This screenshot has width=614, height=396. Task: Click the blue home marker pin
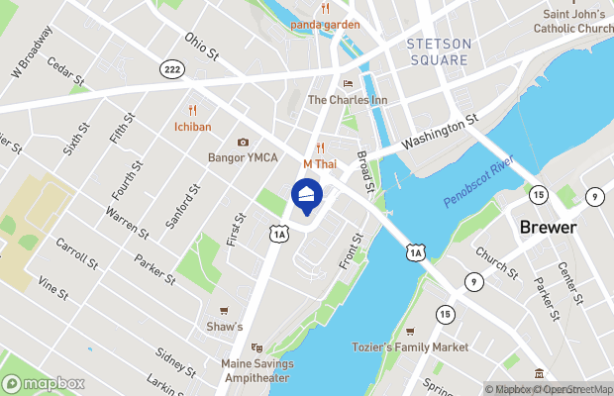coord(307,194)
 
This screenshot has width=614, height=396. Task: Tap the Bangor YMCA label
coord(242,156)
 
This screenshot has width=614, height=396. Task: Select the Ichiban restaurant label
coord(192,127)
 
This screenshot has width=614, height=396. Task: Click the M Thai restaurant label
coord(321,163)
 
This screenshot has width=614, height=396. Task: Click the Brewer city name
coord(549,227)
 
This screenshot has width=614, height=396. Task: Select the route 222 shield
coord(170,67)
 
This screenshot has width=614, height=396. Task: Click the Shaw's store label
coord(225,326)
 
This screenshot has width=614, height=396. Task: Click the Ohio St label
coord(201,48)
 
